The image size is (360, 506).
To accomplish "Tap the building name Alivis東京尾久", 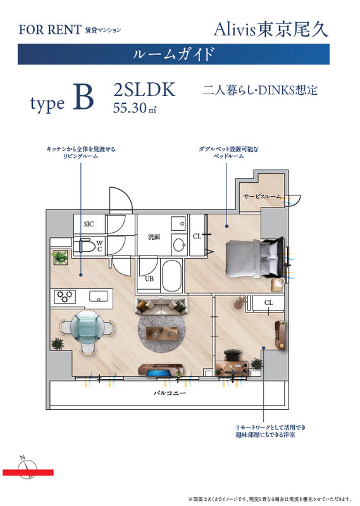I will click(271, 29).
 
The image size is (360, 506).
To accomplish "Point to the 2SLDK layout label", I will click(144, 90).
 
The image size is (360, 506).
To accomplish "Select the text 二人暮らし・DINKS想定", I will click(260, 90).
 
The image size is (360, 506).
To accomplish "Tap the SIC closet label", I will click(89, 224).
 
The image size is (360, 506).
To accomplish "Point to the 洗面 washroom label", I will click(154, 238).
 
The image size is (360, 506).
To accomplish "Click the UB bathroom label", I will click(150, 278).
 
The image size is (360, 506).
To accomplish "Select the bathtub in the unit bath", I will click(170, 276).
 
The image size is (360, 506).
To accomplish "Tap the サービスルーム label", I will click(262, 197).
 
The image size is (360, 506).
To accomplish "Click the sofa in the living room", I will click(162, 307).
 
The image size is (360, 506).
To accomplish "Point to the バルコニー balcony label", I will click(169, 393).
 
